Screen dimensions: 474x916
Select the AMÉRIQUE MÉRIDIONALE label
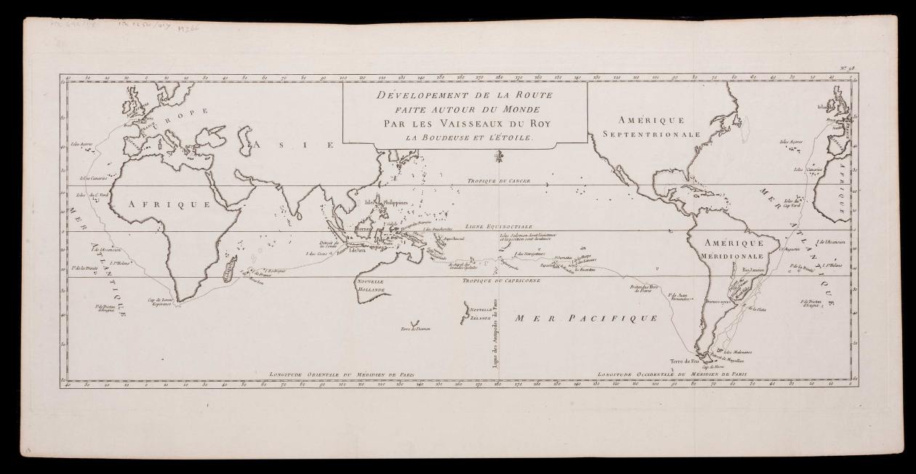[x=734, y=249]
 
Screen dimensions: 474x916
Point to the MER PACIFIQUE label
[x=586, y=318]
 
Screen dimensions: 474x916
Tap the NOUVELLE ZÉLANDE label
[x=481, y=313]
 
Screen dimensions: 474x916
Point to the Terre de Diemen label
[x=415, y=329]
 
